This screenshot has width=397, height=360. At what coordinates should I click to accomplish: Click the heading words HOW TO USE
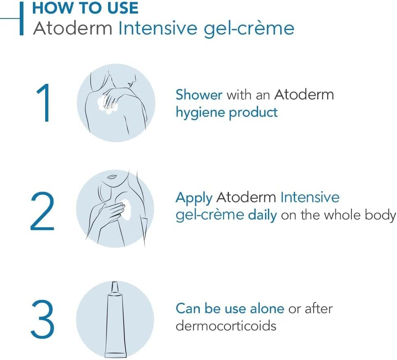[85, 8]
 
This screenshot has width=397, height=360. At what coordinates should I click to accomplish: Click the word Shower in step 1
[199, 95]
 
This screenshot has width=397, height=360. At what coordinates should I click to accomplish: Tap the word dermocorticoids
[226, 326]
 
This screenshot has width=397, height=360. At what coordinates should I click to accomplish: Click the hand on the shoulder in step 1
[111, 99]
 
